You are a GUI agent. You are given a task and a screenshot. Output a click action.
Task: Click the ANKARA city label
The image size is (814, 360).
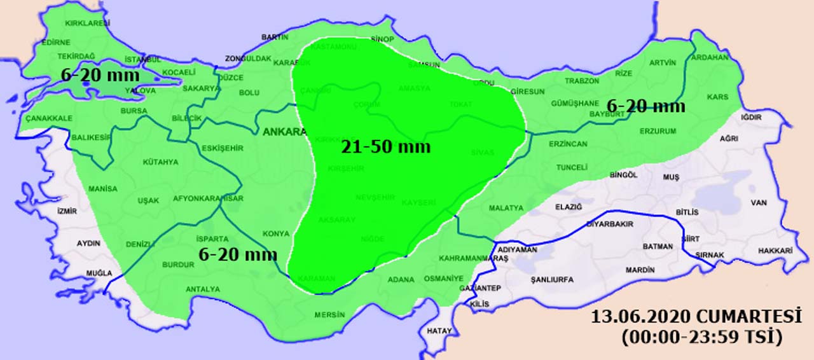[x=284, y=132]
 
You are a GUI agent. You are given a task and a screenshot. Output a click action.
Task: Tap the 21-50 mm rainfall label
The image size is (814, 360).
[x=385, y=148]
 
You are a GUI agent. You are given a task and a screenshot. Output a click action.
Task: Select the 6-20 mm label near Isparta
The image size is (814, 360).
[x=238, y=255]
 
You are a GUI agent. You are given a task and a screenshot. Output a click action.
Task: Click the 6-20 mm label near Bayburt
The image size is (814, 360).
[x=645, y=106]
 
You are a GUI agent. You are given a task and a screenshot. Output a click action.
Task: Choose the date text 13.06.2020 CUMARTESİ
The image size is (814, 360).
[x=696, y=317]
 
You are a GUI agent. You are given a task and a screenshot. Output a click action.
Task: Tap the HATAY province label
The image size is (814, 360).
[x=439, y=331]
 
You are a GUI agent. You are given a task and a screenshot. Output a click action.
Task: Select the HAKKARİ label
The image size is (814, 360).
[x=775, y=251]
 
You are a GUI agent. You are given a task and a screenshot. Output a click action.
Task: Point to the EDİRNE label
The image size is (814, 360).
[x=55, y=43]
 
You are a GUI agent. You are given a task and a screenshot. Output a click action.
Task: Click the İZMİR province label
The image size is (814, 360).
[x=67, y=211]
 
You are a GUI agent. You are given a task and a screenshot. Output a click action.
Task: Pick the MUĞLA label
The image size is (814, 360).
[x=99, y=273]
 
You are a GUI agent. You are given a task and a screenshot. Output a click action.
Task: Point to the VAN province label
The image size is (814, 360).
[x=759, y=203]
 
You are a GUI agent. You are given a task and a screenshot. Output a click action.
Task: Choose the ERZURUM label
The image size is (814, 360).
[x=658, y=132]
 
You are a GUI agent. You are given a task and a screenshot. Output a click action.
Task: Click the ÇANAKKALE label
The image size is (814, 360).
[x=49, y=118]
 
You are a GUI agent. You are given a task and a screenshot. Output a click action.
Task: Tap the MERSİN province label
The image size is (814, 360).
[x=329, y=315]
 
